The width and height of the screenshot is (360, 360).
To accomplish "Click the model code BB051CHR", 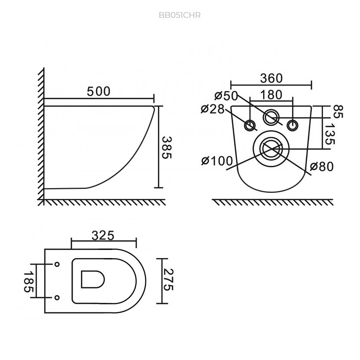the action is tap(180, 15).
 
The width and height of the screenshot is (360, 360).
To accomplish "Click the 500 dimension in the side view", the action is tap(99, 91).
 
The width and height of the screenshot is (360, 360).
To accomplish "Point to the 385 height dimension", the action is tap(167, 148).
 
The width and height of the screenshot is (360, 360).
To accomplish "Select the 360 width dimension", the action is tap(271, 78).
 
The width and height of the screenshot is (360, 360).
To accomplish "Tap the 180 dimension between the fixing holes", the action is tap(271, 95).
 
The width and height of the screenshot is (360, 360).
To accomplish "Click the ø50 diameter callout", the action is tap(226, 96).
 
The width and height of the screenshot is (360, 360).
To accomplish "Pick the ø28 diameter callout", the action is tap(212, 109).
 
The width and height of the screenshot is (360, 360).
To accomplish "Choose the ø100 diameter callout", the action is tap(217, 161).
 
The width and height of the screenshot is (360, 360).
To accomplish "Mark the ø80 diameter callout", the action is tap(322, 166).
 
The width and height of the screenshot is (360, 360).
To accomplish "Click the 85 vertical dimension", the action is tap(338, 111).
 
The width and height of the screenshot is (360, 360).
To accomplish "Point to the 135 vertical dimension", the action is tap(330, 134).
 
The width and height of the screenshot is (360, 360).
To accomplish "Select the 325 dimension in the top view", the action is tap(103, 236).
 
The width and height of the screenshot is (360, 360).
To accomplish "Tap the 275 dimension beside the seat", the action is tap(169, 279).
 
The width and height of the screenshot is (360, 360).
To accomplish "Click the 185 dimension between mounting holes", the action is tap(29, 282).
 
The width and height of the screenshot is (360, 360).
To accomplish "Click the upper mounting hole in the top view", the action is tap(57, 264).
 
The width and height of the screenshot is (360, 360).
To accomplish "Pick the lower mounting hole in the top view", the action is tap(57, 298).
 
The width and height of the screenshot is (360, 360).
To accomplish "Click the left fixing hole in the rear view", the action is tap(250, 125).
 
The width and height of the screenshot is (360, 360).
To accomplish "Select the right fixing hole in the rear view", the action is tap(293, 125).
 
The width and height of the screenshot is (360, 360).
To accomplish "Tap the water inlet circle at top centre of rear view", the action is tap(271, 118).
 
